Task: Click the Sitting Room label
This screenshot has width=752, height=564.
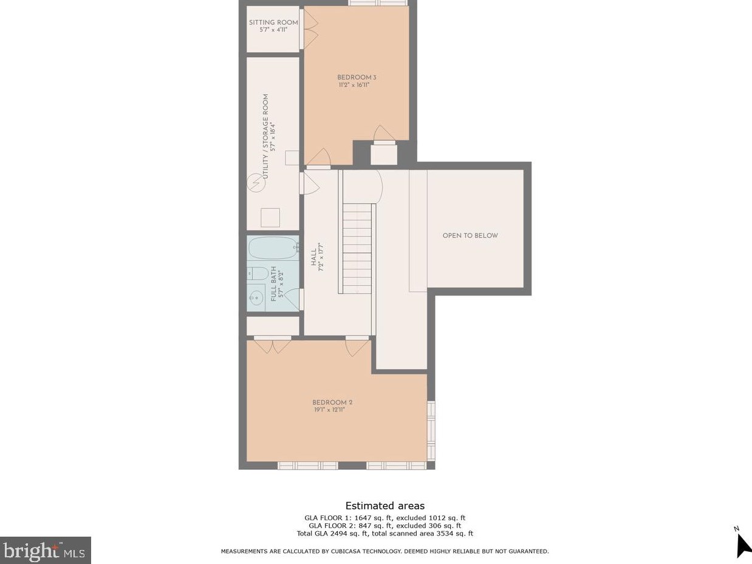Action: click(x=273, y=22)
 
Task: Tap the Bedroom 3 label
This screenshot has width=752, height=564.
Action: click(x=357, y=77)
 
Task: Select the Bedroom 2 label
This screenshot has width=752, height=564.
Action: click(x=332, y=402)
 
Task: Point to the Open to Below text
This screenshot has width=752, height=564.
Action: click(x=470, y=236)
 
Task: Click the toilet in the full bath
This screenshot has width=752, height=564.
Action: click(x=256, y=274)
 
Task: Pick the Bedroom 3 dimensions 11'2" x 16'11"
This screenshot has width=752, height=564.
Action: click(x=354, y=85)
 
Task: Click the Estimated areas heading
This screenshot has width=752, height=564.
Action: click(x=385, y=506)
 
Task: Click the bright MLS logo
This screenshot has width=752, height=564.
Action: click(x=46, y=550)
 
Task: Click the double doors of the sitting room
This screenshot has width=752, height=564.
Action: click(x=310, y=30)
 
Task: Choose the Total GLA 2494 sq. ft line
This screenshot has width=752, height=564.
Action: click(x=385, y=534)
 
